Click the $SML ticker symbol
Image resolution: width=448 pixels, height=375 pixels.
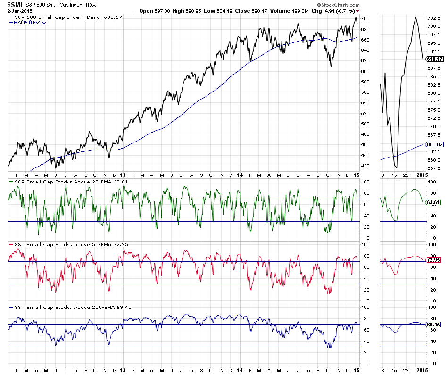15,4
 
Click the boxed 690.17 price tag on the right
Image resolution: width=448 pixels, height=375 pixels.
434,59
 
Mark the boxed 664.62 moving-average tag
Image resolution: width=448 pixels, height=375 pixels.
434,145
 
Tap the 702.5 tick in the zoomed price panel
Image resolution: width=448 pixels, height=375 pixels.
433,18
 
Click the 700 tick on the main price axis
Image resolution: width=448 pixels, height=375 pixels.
365,19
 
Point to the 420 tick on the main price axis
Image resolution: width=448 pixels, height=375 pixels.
365,166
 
